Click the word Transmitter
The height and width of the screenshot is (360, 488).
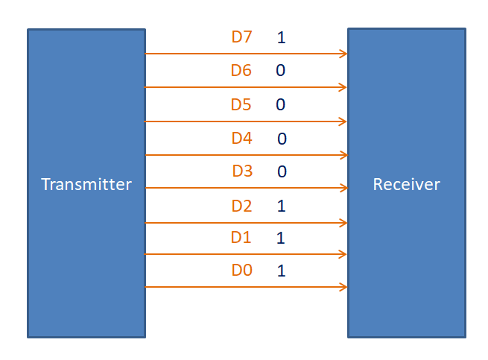86,184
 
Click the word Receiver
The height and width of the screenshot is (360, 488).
406,184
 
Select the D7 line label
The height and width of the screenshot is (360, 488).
242,37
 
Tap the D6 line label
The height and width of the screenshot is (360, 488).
241,71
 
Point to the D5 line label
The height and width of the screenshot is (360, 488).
241,104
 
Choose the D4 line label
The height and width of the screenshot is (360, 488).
242,138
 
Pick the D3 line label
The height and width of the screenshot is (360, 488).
242,171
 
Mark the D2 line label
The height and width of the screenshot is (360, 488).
241,206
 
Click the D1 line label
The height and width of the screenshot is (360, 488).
241,238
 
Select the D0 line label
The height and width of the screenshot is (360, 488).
241,271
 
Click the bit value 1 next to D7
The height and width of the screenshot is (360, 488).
281,37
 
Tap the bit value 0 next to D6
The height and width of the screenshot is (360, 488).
281,71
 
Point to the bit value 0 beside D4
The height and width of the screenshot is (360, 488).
282,139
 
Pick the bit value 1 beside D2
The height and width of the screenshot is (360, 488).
281,206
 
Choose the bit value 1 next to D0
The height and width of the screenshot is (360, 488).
281,271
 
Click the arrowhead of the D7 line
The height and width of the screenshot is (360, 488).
344,54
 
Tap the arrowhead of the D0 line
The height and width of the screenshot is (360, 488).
344,287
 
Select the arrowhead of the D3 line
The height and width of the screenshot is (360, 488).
344,188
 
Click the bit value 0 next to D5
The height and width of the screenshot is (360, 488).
281,104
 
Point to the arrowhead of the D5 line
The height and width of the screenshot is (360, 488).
344,121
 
